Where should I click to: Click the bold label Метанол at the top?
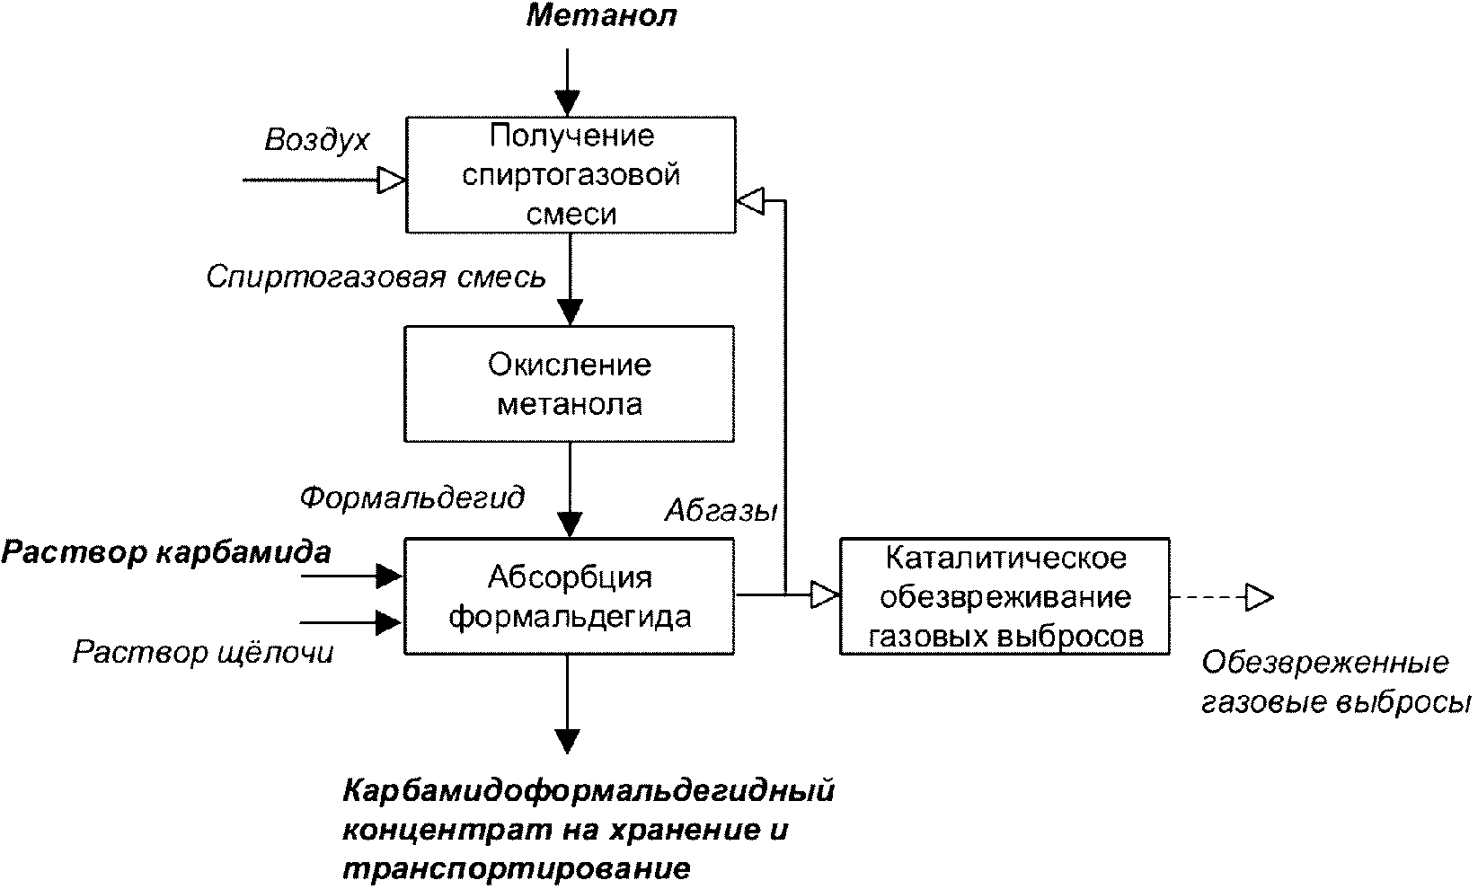click(x=601, y=15)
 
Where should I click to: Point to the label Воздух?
click(x=316, y=140)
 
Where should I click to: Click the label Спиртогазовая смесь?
click(x=376, y=277)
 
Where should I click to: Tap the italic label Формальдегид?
click(x=412, y=497)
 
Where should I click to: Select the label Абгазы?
click(x=721, y=510)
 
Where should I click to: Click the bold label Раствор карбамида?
click(x=165, y=552)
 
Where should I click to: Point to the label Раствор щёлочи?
click(x=203, y=652)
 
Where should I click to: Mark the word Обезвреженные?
click(x=1325, y=662)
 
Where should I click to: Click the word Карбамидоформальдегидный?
click(x=589, y=790)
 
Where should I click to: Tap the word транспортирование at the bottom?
click(x=517, y=868)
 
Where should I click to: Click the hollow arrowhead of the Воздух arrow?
click(x=391, y=180)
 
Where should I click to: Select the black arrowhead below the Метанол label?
click(x=568, y=103)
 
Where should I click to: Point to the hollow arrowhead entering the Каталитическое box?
click(x=825, y=594)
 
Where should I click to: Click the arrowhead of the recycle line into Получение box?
click(x=750, y=200)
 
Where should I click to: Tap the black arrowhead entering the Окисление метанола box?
click(x=570, y=312)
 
